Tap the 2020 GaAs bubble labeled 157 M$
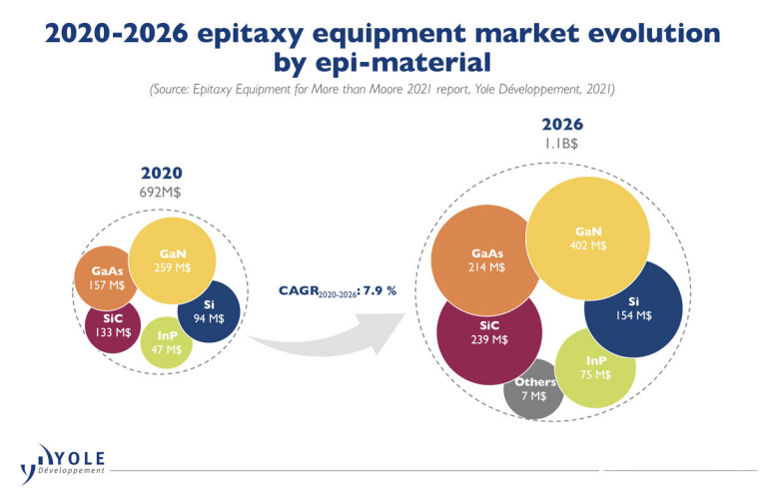108,278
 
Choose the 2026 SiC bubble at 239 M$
488,333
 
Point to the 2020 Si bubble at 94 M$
208,311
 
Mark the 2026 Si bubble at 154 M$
633,308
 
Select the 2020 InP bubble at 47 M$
167,343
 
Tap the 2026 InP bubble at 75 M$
595,367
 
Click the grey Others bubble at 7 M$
533,389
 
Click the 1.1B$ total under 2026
561,144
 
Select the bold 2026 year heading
561,125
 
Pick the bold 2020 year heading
162,173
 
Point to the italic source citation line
382,90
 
